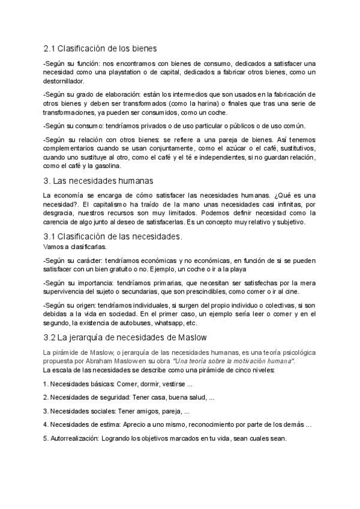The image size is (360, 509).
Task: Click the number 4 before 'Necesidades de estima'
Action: pyautogui.click(x=46, y=424)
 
